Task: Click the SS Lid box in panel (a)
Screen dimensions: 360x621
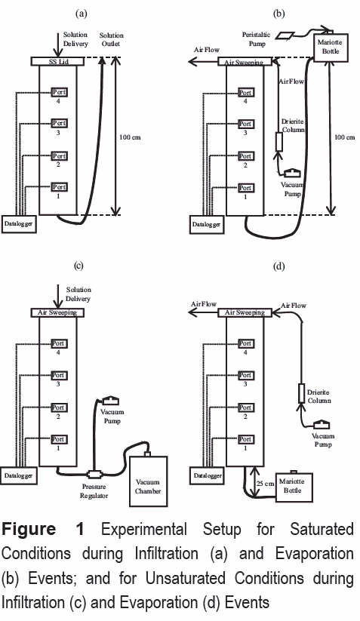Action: point(58,61)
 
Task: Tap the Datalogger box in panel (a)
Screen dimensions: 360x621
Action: point(19,224)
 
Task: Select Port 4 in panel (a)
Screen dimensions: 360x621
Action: point(59,92)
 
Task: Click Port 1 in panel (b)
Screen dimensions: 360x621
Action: point(245,188)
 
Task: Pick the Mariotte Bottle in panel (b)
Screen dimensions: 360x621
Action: point(331,48)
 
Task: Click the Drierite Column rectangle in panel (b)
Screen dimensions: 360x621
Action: point(279,142)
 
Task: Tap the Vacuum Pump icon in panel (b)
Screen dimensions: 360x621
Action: point(292,173)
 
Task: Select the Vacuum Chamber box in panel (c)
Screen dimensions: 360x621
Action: point(148,481)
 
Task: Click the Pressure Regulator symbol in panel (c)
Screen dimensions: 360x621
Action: point(94,474)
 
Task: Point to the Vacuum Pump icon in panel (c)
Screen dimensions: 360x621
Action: point(110,401)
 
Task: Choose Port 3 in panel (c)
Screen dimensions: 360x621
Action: point(59,375)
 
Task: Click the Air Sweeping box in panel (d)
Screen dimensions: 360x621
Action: point(245,312)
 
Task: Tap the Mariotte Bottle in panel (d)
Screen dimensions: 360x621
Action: point(294,487)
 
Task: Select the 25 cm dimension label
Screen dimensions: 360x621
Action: point(266,484)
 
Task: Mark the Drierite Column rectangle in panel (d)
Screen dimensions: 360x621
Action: point(302,393)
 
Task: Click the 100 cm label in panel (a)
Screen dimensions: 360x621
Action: point(130,137)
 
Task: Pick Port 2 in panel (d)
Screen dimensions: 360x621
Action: point(245,407)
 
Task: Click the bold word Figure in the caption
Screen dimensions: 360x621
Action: point(29,530)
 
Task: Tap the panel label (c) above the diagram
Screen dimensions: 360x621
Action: point(78,266)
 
